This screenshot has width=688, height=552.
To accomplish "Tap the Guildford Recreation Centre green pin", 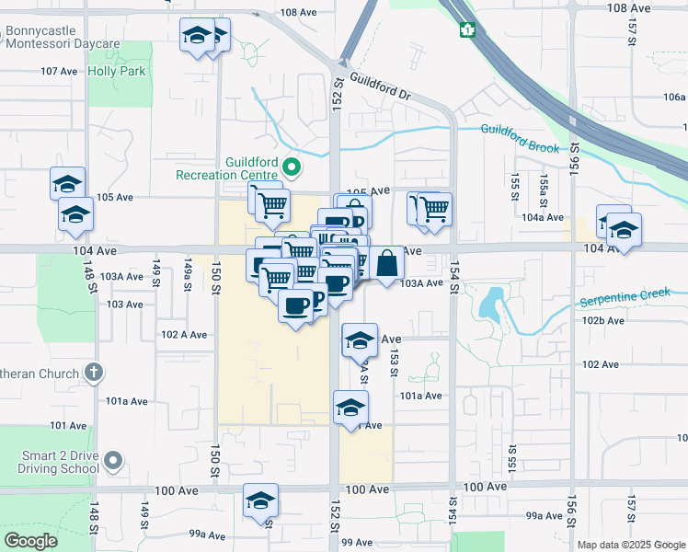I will pos(292,167).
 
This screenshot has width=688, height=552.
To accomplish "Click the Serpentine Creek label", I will pos(633,298).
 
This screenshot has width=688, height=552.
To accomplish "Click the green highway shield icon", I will pos(467,29).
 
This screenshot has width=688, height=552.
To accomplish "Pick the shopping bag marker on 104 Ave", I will pos(388,262).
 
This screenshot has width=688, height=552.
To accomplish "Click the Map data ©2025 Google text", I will pos(631,545).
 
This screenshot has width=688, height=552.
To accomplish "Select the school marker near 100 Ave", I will pos(260,501).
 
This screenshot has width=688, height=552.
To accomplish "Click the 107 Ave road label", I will pos(59,71).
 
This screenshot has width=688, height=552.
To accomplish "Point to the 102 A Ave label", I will pos(183,335).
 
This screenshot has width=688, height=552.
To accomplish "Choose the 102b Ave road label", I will pos(602,320).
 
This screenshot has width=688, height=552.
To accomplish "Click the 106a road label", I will pos(673,97).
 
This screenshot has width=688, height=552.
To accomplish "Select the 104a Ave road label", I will pos(543,217).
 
